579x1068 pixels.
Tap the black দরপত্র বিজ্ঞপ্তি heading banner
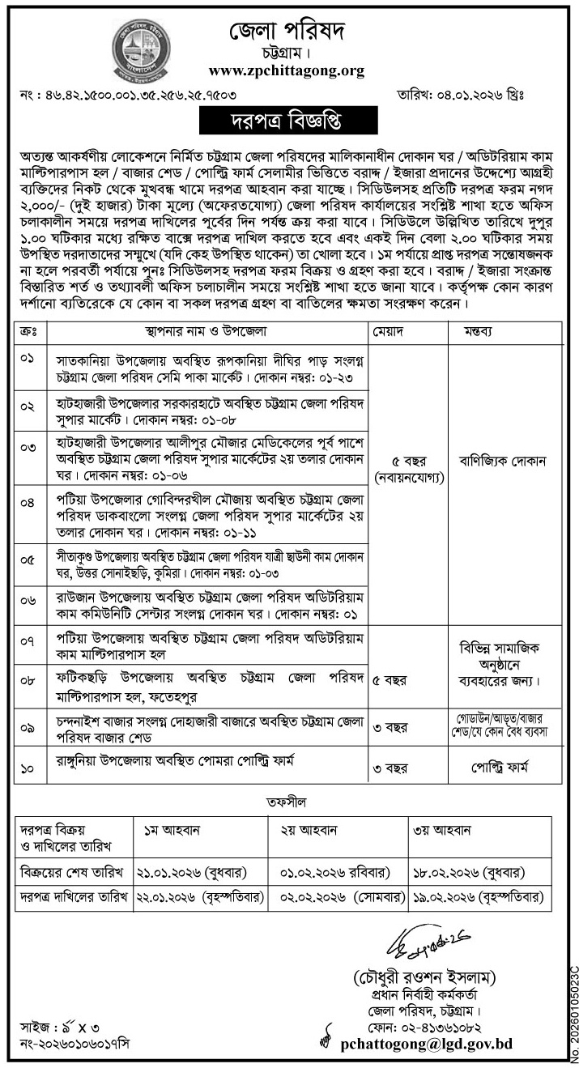pos(289,121)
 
